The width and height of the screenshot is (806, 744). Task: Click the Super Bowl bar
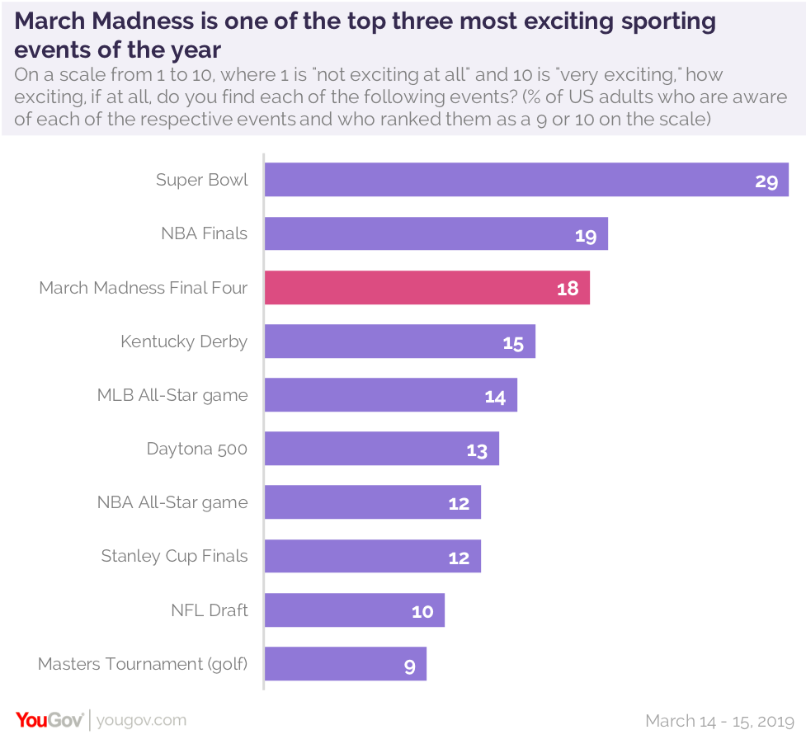click(x=526, y=180)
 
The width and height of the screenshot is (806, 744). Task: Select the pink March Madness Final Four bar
click(x=427, y=288)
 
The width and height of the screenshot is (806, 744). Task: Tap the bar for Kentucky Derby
click(x=399, y=341)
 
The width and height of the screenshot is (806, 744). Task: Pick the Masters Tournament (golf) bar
click(x=345, y=664)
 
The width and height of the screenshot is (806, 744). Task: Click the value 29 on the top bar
click(x=766, y=181)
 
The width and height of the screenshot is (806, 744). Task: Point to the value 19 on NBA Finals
click(x=586, y=236)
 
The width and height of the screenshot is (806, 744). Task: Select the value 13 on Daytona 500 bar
click(x=477, y=451)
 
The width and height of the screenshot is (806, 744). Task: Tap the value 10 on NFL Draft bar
click(x=422, y=612)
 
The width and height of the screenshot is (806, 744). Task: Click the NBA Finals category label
click(x=204, y=233)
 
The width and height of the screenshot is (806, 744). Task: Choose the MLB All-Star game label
click(x=172, y=395)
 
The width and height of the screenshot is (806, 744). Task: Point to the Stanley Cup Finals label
click(x=174, y=556)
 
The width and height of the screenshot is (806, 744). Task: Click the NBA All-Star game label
click(x=172, y=502)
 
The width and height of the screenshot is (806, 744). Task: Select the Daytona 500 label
click(x=196, y=449)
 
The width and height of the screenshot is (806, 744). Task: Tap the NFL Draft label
click(x=210, y=610)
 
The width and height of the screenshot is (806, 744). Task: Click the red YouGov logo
click(x=49, y=720)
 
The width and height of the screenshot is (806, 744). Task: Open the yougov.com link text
click(x=141, y=720)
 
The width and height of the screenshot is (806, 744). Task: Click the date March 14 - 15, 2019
click(x=719, y=721)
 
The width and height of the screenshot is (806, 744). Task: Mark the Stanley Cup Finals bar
click(x=372, y=556)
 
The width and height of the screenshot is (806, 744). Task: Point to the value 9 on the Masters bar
click(x=410, y=666)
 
